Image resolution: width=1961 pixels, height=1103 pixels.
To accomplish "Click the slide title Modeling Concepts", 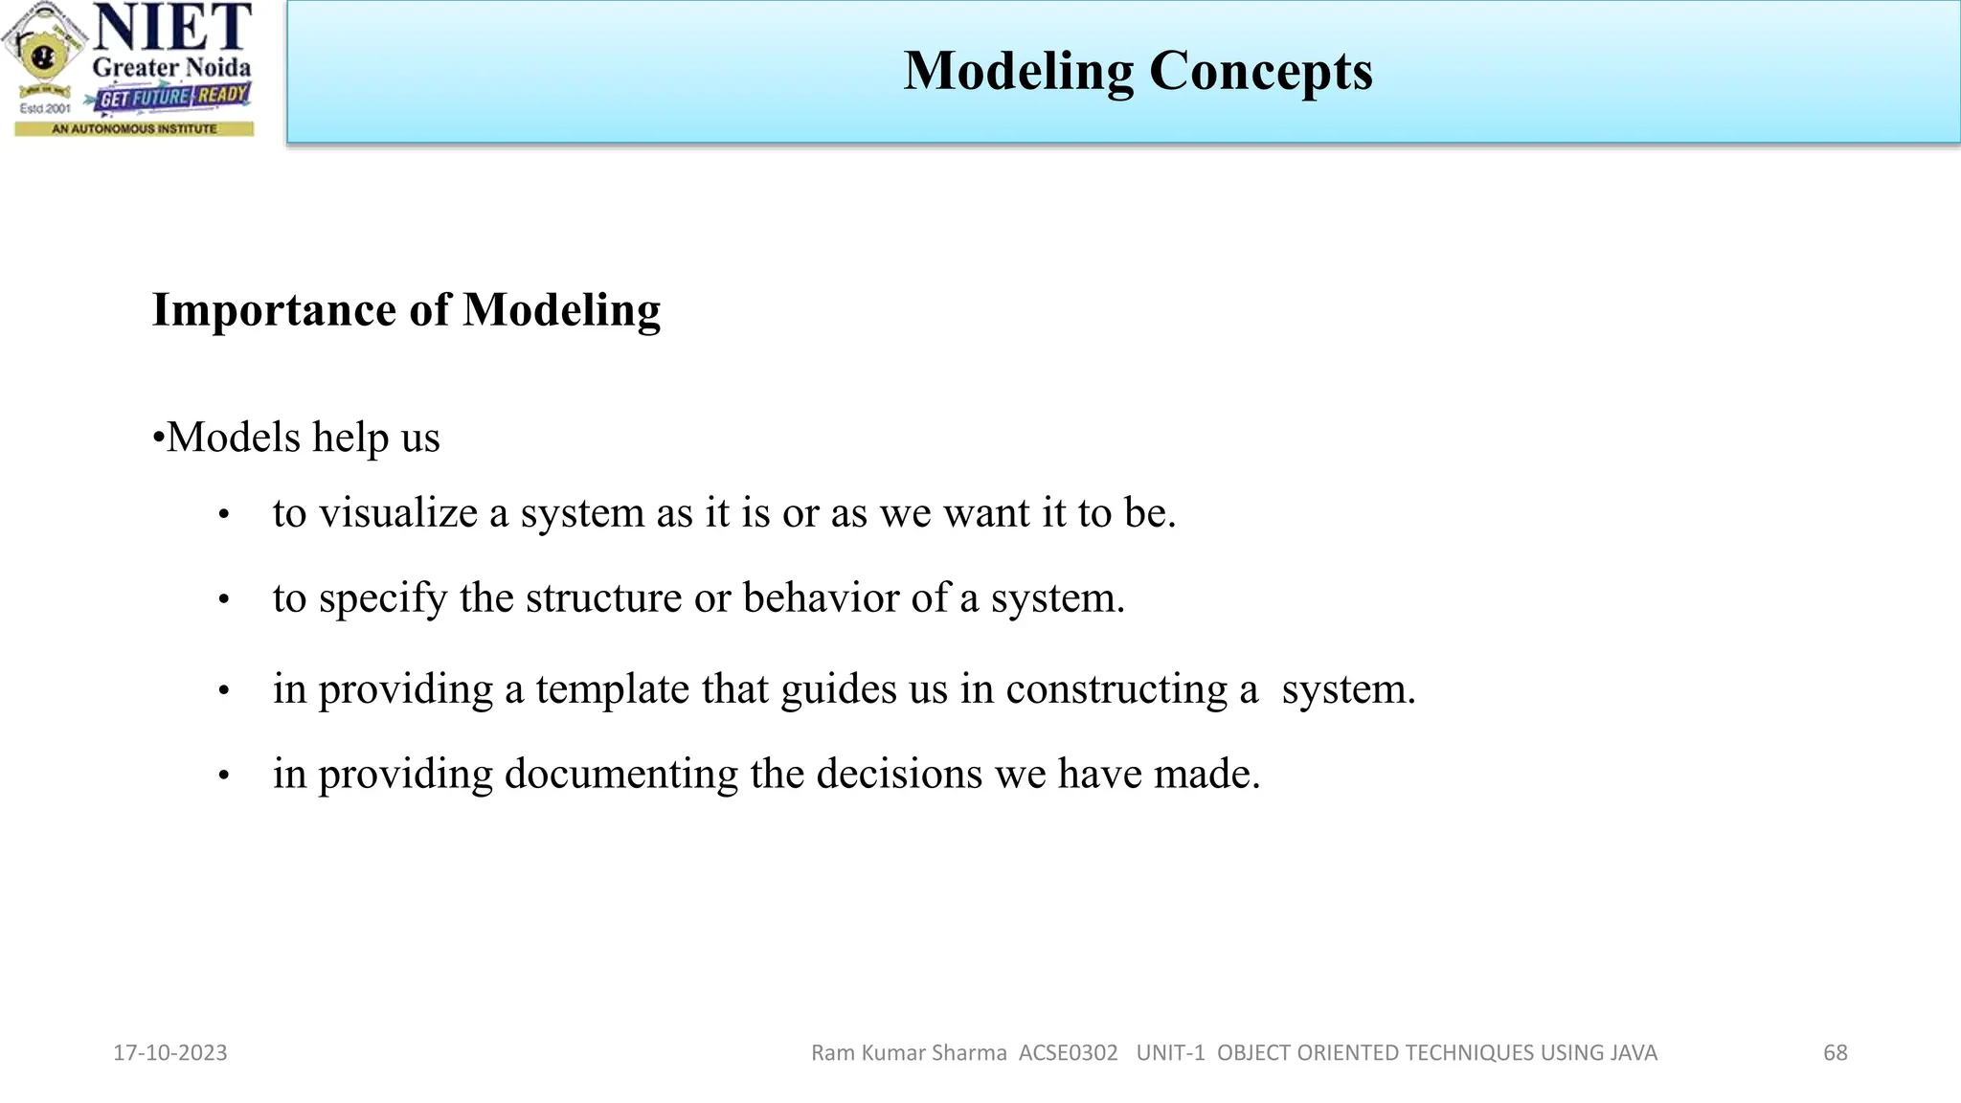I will tap(1138, 72).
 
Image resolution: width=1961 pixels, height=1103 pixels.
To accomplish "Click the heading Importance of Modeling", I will tap(406, 310).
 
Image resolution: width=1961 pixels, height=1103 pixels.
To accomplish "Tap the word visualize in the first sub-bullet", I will tap(397, 513).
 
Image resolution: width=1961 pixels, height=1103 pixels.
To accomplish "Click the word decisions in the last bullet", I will tap(898, 774).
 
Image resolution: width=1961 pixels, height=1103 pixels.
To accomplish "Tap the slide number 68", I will tap(1835, 1052).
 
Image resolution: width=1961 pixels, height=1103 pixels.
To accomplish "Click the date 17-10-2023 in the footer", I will tap(170, 1052).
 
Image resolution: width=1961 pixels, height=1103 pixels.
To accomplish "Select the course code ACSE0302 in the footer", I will tap(1068, 1052).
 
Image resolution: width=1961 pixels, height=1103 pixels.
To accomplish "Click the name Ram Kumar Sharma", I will tap(909, 1052).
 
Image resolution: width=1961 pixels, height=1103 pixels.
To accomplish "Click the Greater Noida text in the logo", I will tap(171, 68).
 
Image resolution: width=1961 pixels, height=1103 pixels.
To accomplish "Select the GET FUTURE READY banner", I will tap(173, 97).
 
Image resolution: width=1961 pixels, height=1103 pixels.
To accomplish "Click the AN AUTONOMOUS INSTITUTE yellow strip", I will tap(134, 128).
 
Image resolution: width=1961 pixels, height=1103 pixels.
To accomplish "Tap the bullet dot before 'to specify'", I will tap(224, 600).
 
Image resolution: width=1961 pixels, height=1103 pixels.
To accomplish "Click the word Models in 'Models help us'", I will tap(234, 438).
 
